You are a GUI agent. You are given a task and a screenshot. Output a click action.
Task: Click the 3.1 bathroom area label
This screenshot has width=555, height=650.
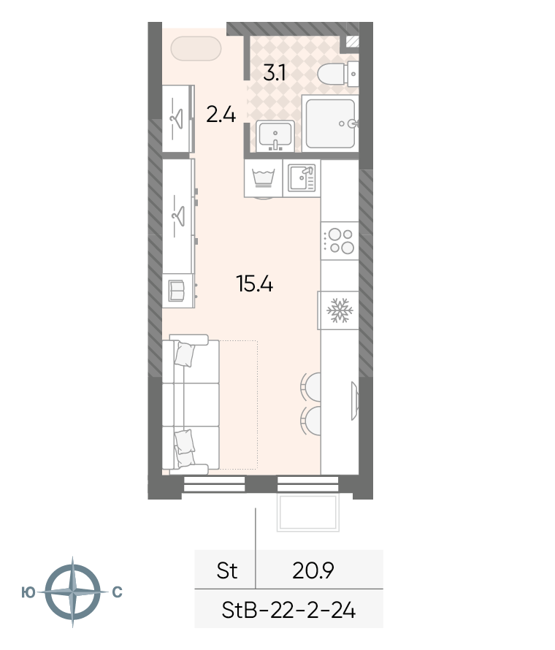pyautogui.click(x=274, y=73)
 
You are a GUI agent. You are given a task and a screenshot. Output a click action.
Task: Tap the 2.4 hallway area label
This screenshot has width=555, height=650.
pyautogui.click(x=221, y=115)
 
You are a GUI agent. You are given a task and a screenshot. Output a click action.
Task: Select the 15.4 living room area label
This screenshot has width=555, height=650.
pyautogui.click(x=254, y=284)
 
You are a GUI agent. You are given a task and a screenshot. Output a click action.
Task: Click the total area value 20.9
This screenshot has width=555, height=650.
pyautogui.click(x=313, y=571)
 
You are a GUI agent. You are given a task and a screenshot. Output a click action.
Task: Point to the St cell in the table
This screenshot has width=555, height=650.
pyautogui.click(x=226, y=571)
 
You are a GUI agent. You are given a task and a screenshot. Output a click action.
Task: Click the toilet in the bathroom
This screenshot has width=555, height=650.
pyautogui.click(x=337, y=74)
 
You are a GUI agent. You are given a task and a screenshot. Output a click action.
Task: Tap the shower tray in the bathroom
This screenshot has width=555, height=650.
pyautogui.click(x=330, y=123)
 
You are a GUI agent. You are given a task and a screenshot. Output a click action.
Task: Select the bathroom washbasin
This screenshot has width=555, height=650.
pyautogui.click(x=275, y=136)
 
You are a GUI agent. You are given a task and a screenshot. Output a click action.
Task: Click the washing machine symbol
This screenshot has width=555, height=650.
pyautogui.click(x=263, y=178)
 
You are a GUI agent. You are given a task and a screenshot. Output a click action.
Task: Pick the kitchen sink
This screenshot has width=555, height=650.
pyautogui.click(x=302, y=178)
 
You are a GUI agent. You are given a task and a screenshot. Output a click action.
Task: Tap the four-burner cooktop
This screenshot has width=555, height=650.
pyautogui.click(x=340, y=241)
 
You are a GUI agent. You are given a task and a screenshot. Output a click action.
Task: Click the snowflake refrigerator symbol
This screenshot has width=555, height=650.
pyautogui.click(x=340, y=310)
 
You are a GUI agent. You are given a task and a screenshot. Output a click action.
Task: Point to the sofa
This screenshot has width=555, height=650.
pyautogui.click(x=191, y=405)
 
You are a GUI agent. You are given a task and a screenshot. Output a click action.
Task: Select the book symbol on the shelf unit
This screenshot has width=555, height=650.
pyautogui.click(x=177, y=291)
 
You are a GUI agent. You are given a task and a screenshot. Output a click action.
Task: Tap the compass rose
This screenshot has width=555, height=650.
pyautogui.click(x=72, y=592)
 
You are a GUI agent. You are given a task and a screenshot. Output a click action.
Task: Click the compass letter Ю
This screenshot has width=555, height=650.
pyautogui.click(x=28, y=593)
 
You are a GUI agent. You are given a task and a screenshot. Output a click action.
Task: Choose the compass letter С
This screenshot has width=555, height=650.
pyautogui.click(x=118, y=592)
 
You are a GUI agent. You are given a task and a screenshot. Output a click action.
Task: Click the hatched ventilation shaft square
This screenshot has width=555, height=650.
pyautogui.click(x=352, y=42)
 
